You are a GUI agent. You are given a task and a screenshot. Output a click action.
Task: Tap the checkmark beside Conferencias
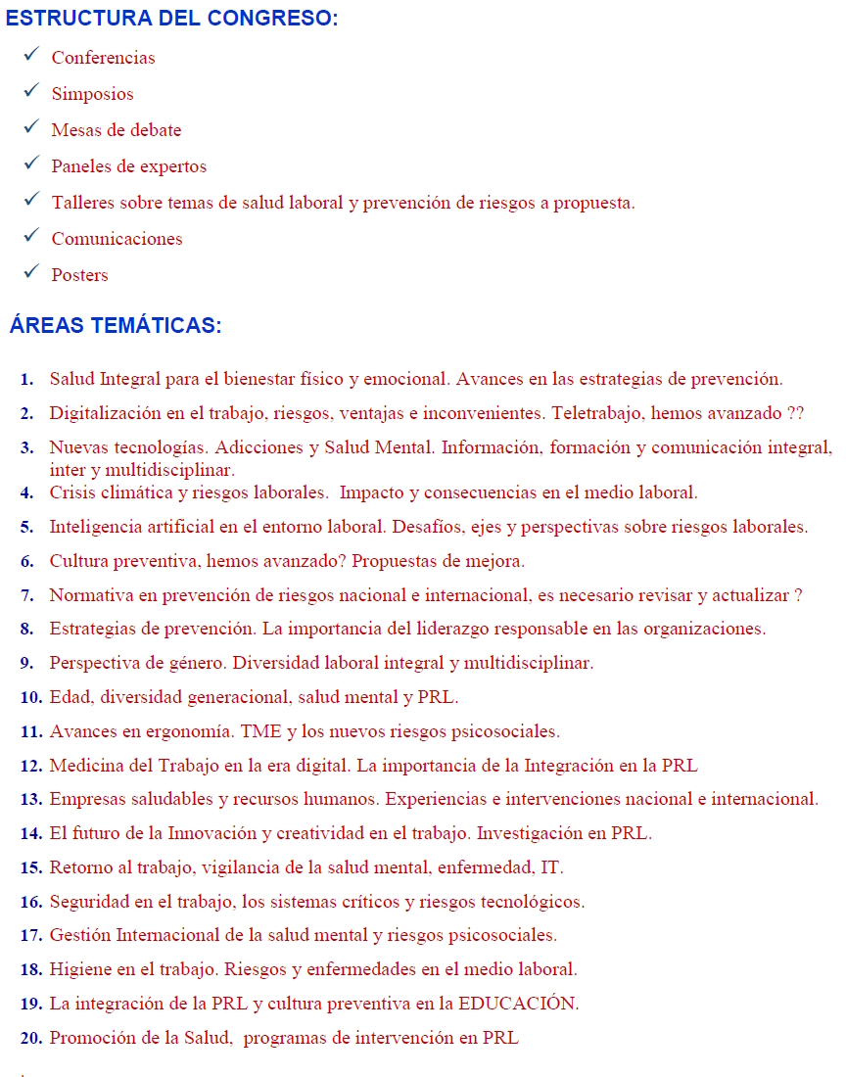(31, 56)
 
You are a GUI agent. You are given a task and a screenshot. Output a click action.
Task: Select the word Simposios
(92, 94)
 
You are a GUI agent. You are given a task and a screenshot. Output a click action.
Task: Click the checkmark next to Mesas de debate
(31, 128)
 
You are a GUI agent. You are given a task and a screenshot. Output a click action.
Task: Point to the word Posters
(79, 275)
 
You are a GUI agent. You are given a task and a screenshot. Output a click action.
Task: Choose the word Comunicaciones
(117, 239)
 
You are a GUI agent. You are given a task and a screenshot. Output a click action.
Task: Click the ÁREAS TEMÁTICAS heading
(116, 326)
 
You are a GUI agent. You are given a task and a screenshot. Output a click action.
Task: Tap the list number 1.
(26, 379)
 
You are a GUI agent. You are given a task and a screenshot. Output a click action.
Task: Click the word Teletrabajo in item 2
(604, 413)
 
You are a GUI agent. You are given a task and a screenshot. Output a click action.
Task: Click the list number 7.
(26, 594)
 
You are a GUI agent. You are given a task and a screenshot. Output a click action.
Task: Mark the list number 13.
(31, 799)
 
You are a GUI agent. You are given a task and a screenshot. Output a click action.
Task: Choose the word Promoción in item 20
(91, 1038)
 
